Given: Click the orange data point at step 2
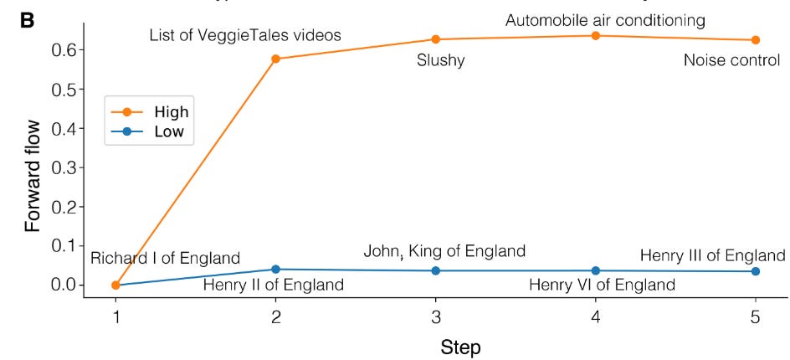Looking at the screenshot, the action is pos(275,59).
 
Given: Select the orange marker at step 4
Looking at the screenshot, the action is pos(595,36).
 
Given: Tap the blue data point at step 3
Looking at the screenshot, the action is pos(435,270).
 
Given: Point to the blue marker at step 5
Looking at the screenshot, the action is pos(755,271).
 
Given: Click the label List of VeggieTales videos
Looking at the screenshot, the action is pos(245,36).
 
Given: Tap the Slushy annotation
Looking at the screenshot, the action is pos(440,61).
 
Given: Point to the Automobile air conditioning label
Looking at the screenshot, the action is pos(605,18).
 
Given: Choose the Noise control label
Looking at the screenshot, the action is pos(731,60).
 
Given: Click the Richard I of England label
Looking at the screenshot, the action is pos(165,258).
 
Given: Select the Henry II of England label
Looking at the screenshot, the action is pos(273,285).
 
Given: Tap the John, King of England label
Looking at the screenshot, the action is pos(444,250).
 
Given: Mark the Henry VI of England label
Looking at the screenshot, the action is pos(602,285).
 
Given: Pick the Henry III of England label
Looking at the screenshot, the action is pos(712,255).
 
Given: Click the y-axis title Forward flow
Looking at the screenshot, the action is pos(31,167).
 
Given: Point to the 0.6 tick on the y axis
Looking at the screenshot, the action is pos(71,50).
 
